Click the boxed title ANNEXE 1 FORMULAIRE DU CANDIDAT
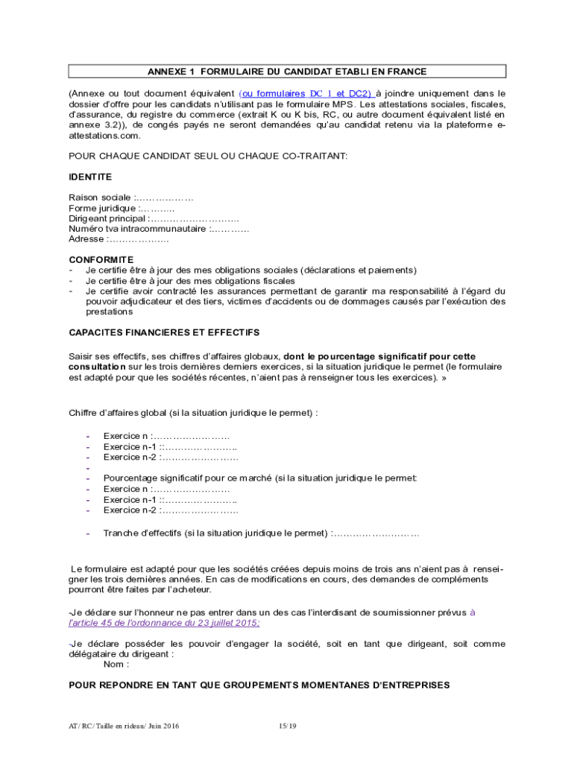[x=287, y=72]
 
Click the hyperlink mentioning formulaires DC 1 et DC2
[x=306, y=94]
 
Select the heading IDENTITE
[x=90, y=177]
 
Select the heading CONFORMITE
[x=101, y=259]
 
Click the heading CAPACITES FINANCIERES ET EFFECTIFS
[x=164, y=332]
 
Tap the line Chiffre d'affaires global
[x=193, y=412]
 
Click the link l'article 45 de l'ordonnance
[x=164, y=623]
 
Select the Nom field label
[x=115, y=664]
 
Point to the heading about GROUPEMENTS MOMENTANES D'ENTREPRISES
[x=259, y=684]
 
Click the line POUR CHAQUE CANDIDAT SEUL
[x=208, y=156]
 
